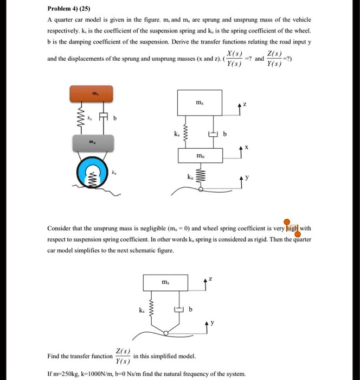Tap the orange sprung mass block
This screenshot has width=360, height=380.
coord(95,94)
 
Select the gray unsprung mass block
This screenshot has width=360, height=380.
coord(95,143)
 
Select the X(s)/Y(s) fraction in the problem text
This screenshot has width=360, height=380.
coord(234,59)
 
